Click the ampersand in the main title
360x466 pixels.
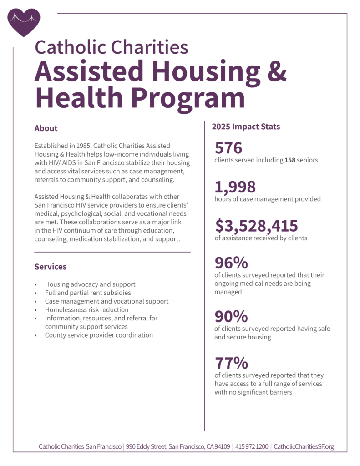[277, 71]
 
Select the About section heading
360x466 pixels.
[46, 128]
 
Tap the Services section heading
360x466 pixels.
[51, 267]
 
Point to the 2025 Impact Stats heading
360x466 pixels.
[246, 127]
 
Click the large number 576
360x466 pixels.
[228, 148]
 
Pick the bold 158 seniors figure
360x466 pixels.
[290, 160]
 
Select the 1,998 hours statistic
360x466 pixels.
[235, 187]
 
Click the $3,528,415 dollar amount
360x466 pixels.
[257, 226]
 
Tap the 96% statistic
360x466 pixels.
[231, 263]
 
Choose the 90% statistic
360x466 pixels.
[231, 316]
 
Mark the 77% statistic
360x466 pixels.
[231, 363]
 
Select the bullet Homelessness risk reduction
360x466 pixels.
[86, 310]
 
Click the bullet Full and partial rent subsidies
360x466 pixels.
[88, 293]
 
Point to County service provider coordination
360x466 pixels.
[99, 335]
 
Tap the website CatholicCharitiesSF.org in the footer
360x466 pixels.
[304, 447]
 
